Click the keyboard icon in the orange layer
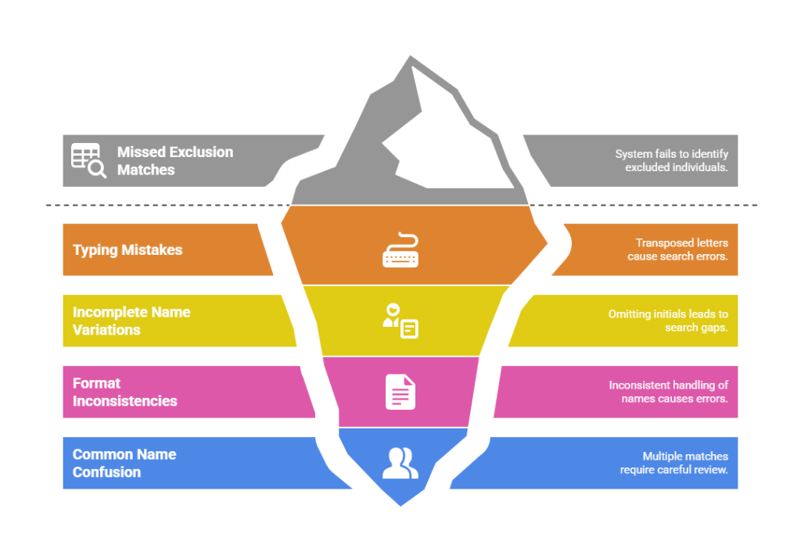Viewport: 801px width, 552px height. [400, 250]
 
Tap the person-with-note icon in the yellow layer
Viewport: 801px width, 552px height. [400, 320]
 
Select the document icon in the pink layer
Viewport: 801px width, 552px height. [400, 392]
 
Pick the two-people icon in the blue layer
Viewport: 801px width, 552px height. [400, 463]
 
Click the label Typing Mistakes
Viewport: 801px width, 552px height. [128, 250]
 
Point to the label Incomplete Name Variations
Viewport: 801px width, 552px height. [131, 321]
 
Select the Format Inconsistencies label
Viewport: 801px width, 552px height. [125, 392]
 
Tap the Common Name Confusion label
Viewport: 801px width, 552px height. [124, 463]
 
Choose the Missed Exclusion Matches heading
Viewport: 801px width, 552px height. [175, 160]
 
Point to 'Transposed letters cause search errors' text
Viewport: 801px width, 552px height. [677, 250]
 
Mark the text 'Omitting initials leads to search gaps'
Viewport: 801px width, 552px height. [668, 321]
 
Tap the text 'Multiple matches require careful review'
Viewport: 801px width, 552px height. [673, 463]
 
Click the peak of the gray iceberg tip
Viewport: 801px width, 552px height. [408, 56]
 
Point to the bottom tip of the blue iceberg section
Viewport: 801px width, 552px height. [400, 505]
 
